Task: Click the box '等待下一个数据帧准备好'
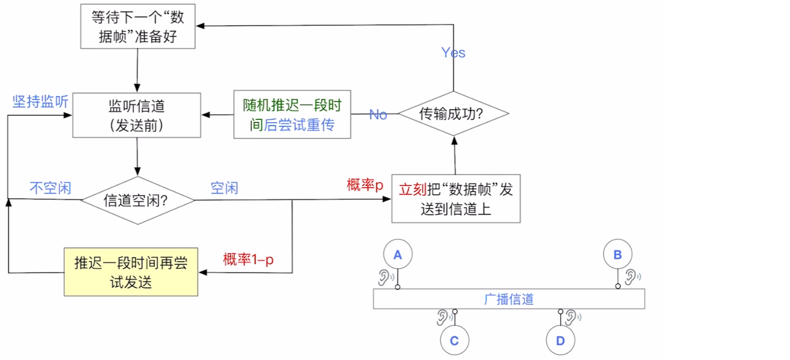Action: (138, 27)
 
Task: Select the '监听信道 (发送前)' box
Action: (137, 115)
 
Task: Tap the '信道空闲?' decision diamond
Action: (137, 200)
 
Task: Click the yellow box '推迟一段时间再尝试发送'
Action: (131, 272)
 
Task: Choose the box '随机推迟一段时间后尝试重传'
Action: (292, 115)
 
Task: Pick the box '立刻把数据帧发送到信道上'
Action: (456, 198)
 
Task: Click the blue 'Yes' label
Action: (453, 53)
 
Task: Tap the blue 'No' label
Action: (378, 114)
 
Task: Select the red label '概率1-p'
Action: (248, 259)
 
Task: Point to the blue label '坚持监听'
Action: (41, 102)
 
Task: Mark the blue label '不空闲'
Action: (50, 188)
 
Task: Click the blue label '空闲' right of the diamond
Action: (224, 188)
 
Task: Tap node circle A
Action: (397, 255)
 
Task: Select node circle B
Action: (618, 254)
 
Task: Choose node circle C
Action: (454, 341)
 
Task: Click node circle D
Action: (560, 341)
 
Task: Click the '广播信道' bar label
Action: (509, 299)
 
